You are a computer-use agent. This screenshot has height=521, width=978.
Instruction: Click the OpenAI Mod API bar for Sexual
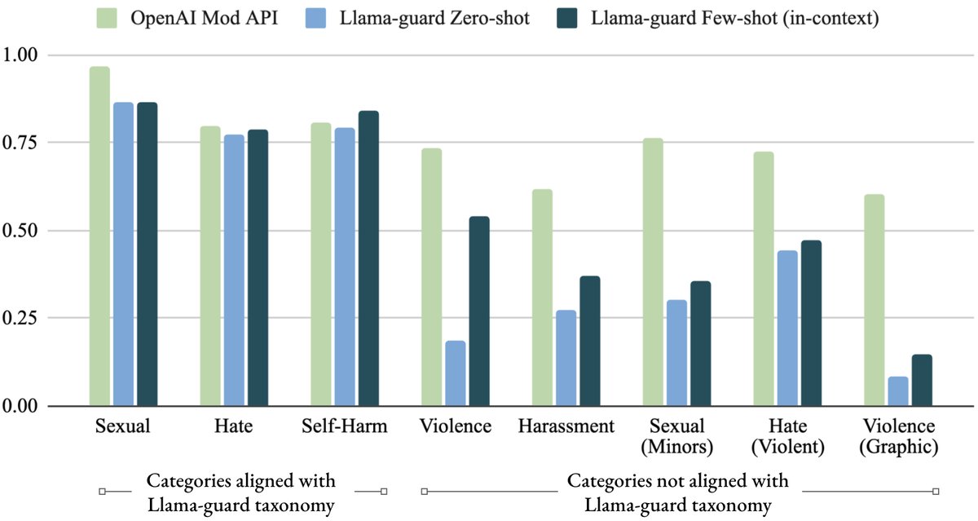pos(99,236)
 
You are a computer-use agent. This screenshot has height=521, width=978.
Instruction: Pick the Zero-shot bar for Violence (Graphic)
pos(898,391)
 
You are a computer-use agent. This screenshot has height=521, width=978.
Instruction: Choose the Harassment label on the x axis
pos(566,426)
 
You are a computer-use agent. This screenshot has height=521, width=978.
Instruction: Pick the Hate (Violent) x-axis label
pos(787,436)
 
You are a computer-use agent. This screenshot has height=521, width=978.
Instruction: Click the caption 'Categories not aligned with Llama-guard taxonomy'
pos(677,492)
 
